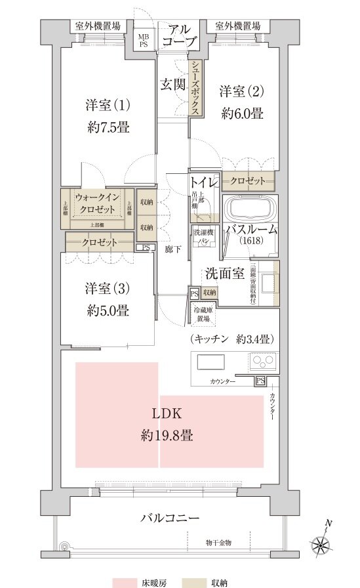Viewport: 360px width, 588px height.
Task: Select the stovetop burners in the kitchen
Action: point(263,362)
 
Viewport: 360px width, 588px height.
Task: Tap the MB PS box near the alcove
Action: point(142,41)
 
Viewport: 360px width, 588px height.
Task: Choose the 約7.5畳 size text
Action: point(108,127)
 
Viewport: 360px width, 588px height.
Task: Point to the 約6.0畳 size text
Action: point(242,114)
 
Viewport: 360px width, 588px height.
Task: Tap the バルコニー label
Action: point(169,518)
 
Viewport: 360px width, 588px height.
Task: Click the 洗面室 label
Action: point(225,272)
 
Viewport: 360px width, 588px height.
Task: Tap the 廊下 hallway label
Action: point(173,249)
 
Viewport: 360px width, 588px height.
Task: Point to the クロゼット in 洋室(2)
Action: point(248,180)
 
